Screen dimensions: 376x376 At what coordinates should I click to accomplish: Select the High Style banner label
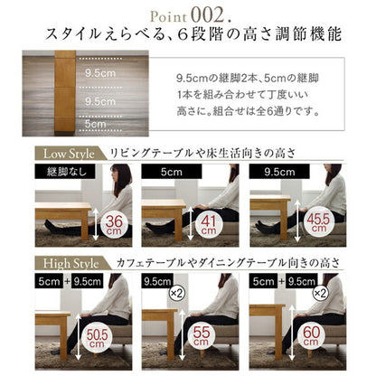[x=69, y=262]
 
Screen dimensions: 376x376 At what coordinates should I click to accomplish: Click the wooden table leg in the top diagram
[x=63, y=90]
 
